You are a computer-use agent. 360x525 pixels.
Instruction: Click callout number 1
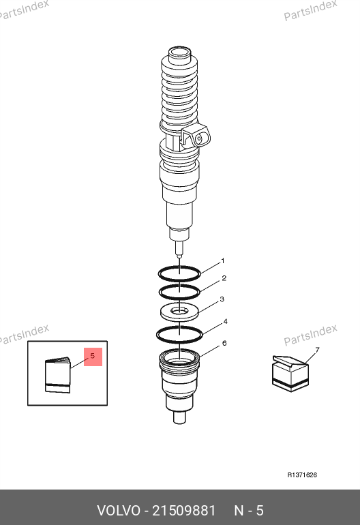point(223,261)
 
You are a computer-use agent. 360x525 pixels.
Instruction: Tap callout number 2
point(224,278)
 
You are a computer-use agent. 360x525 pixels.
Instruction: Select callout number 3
point(222,299)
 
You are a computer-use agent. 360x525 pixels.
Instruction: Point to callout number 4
point(226,321)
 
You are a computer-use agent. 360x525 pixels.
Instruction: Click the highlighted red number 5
point(93,356)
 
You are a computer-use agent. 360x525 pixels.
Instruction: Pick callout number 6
point(224,343)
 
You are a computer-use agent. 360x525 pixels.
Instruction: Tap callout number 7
point(317,350)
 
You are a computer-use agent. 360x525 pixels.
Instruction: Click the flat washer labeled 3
point(179,312)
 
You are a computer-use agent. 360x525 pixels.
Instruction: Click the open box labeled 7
point(290,374)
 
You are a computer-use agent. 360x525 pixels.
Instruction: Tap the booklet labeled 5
point(58,375)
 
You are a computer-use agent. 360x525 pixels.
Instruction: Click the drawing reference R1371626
point(302,475)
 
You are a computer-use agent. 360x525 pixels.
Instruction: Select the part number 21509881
point(184,511)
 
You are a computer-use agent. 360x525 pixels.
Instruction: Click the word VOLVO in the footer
point(119,511)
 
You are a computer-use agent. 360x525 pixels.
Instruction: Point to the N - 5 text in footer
point(249,511)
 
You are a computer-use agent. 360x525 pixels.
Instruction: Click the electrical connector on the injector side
point(196,136)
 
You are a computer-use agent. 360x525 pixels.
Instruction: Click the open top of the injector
point(179,52)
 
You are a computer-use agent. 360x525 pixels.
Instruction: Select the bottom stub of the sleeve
point(180,417)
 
